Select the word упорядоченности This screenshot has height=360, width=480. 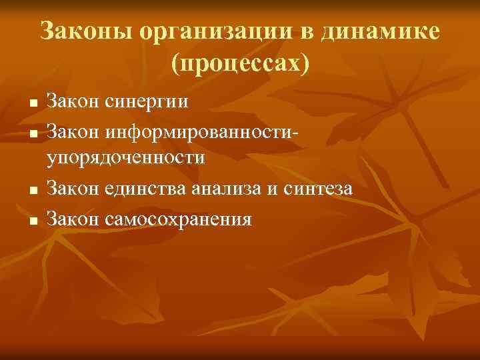tap(125, 158)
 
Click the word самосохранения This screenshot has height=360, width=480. tap(177, 218)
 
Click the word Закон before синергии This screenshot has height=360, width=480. tap(73, 102)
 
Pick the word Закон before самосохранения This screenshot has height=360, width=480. tap(73, 218)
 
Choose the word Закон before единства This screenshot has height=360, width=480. tap(73, 189)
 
